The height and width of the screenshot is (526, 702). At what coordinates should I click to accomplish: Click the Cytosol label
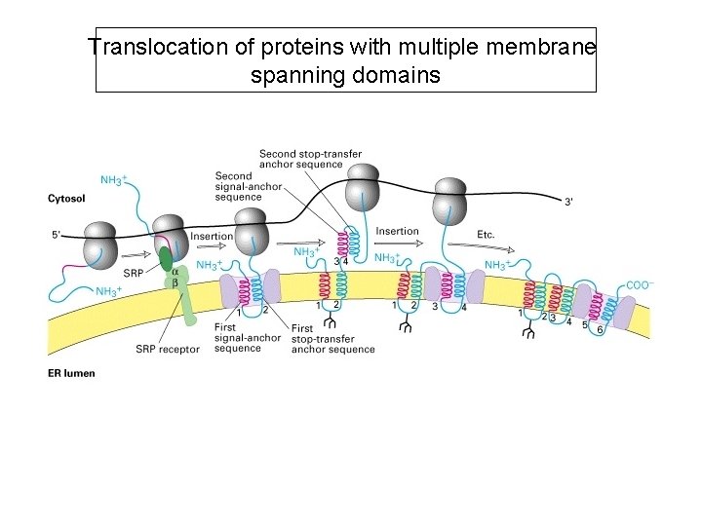point(67,198)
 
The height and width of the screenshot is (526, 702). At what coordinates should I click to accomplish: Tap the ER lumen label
point(71,372)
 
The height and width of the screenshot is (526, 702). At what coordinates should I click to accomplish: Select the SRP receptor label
point(168,349)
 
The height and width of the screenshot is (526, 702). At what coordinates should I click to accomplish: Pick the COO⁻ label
point(639,285)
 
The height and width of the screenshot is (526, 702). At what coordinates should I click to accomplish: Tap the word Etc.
point(487,236)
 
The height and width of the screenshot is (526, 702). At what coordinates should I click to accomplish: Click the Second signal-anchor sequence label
point(239,186)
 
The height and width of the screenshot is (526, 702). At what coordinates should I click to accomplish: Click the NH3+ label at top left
point(113,180)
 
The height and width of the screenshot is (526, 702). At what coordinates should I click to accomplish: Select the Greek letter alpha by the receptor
point(175,272)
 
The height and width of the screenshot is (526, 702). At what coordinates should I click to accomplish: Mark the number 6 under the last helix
point(600,331)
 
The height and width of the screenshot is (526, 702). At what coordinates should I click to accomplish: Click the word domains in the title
point(395,74)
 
